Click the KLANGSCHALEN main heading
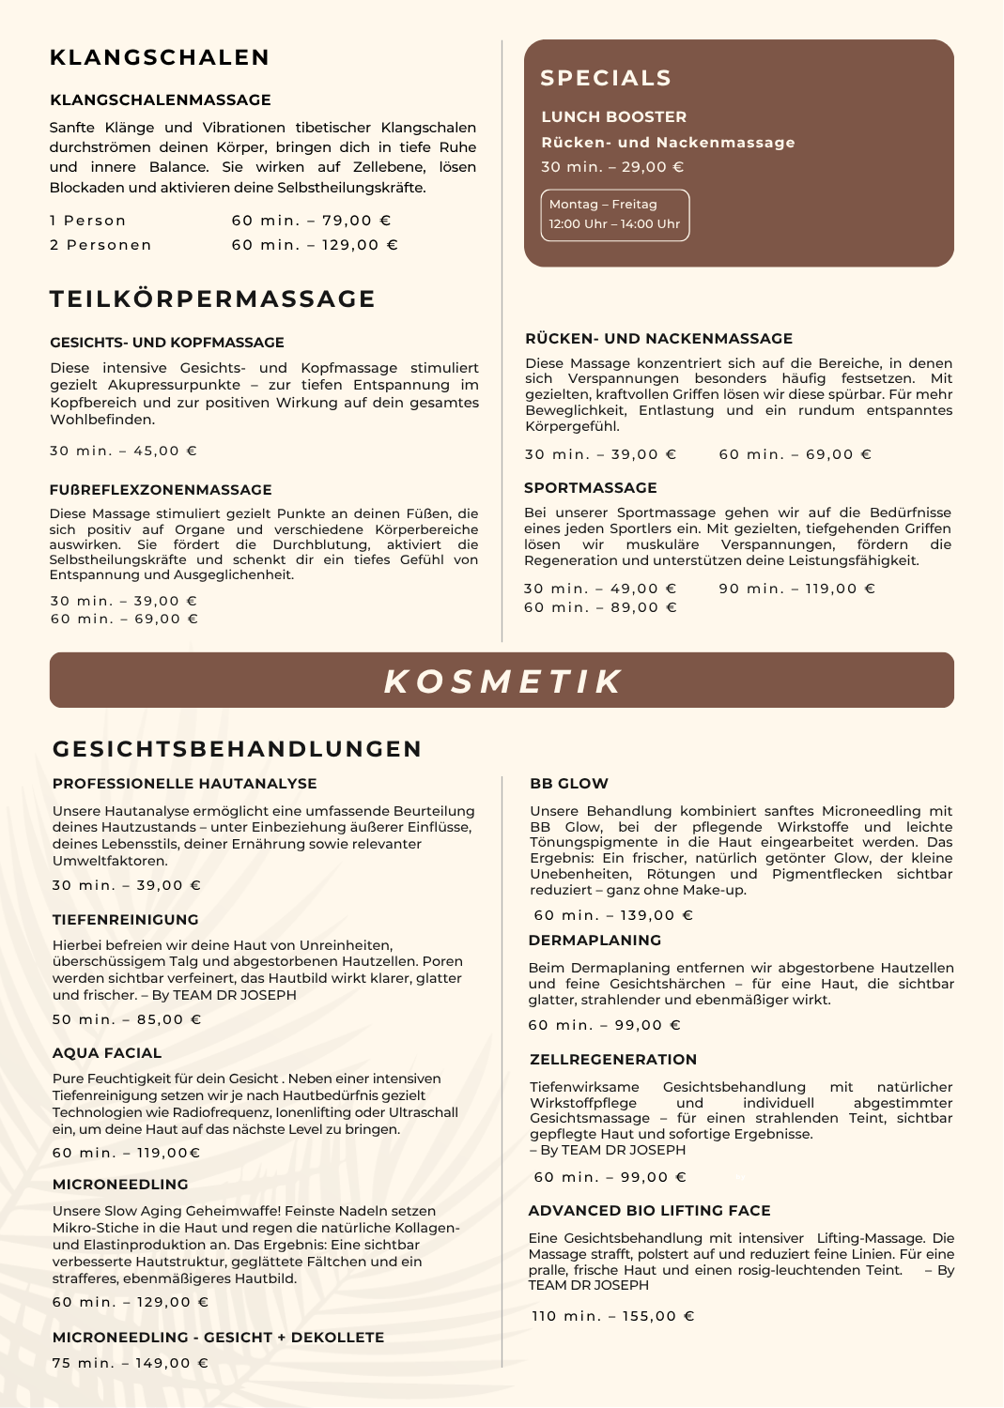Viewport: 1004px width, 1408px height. tap(160, 57)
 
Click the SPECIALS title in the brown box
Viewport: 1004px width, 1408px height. tap(606, 78)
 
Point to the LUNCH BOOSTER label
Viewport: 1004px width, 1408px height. tap(614, 116)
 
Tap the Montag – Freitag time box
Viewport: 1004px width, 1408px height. tap(614, 215)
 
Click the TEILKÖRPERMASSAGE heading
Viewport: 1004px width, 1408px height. tap(212, 298)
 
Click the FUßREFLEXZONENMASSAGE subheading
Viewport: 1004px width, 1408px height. tap(161, 490)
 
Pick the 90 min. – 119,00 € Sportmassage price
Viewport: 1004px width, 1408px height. tap(796, 589)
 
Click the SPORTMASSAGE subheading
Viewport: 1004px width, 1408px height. tap(591, 488)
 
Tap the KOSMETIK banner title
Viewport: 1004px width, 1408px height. tap(502, 681)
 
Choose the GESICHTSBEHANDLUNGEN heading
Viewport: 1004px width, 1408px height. tap(238, 749)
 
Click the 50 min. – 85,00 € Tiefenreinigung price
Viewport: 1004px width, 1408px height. tap(127, 1019)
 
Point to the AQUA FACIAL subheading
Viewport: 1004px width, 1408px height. tap(107, 1053)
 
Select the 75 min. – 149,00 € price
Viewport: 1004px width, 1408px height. tap(131, 1363)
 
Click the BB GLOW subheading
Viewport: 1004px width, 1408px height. tap(569, 784)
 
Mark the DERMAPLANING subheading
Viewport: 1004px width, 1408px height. tap(595, 941)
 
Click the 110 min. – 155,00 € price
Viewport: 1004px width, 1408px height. tap(613, 1316)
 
